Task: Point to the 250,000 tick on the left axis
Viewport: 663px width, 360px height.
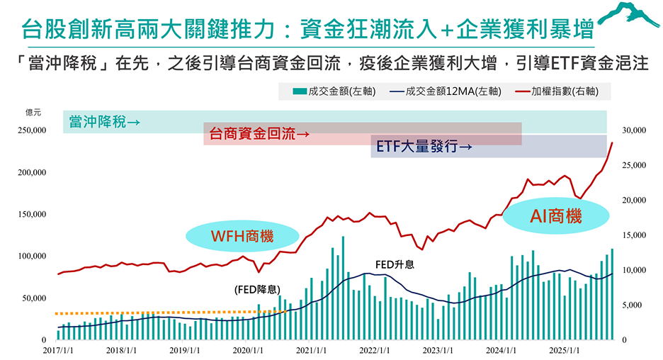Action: tap(30, 130)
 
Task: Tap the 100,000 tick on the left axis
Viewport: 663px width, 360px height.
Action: tap(30, 256)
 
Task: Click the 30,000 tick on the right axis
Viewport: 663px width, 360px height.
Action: tap(633, 130)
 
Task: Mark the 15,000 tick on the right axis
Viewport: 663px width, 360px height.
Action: tap(633, 235)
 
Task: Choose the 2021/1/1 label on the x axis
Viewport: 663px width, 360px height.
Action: tap(312, 350)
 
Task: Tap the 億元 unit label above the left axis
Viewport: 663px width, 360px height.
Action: tap(33, 112)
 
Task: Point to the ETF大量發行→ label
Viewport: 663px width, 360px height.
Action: tap(424, 147)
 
